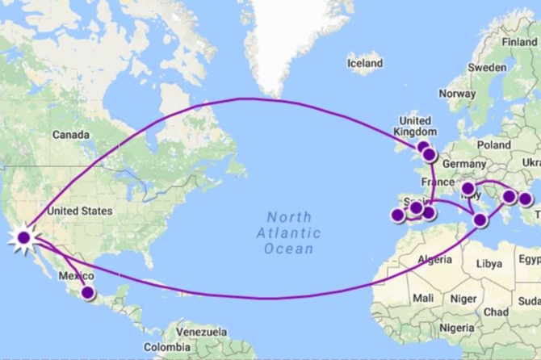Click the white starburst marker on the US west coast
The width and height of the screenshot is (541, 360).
click(23, 237)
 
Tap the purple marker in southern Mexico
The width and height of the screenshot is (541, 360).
click(87, 294)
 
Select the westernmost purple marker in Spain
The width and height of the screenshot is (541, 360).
click(397, 216)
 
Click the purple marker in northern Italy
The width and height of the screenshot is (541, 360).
click(468, 189)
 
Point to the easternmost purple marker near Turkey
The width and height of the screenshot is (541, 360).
click(526, 199)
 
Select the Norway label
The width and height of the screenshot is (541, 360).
click(457, 94)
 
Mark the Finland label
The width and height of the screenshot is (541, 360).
click(518, 42)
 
